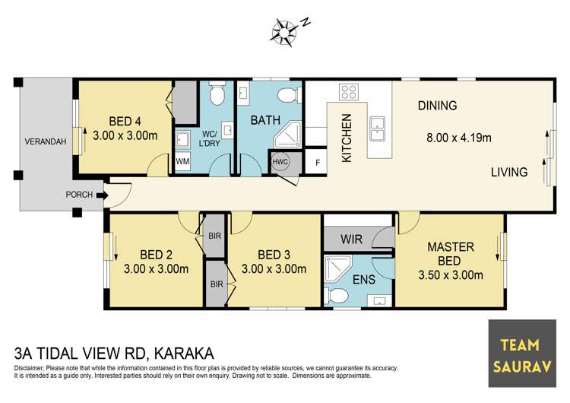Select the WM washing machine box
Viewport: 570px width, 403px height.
(182, 161)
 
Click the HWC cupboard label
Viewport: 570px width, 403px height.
(279, 161)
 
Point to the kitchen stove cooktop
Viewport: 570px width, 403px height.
(349, 93)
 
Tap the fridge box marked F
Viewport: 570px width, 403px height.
(317, 162)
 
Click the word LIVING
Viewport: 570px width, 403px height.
(508, 172)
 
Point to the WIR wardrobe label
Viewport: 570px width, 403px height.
(352, 240)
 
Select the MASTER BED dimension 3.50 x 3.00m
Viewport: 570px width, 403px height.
(451, 274)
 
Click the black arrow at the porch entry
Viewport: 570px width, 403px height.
(102, 195)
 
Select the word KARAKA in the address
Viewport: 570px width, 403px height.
(185, 354)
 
